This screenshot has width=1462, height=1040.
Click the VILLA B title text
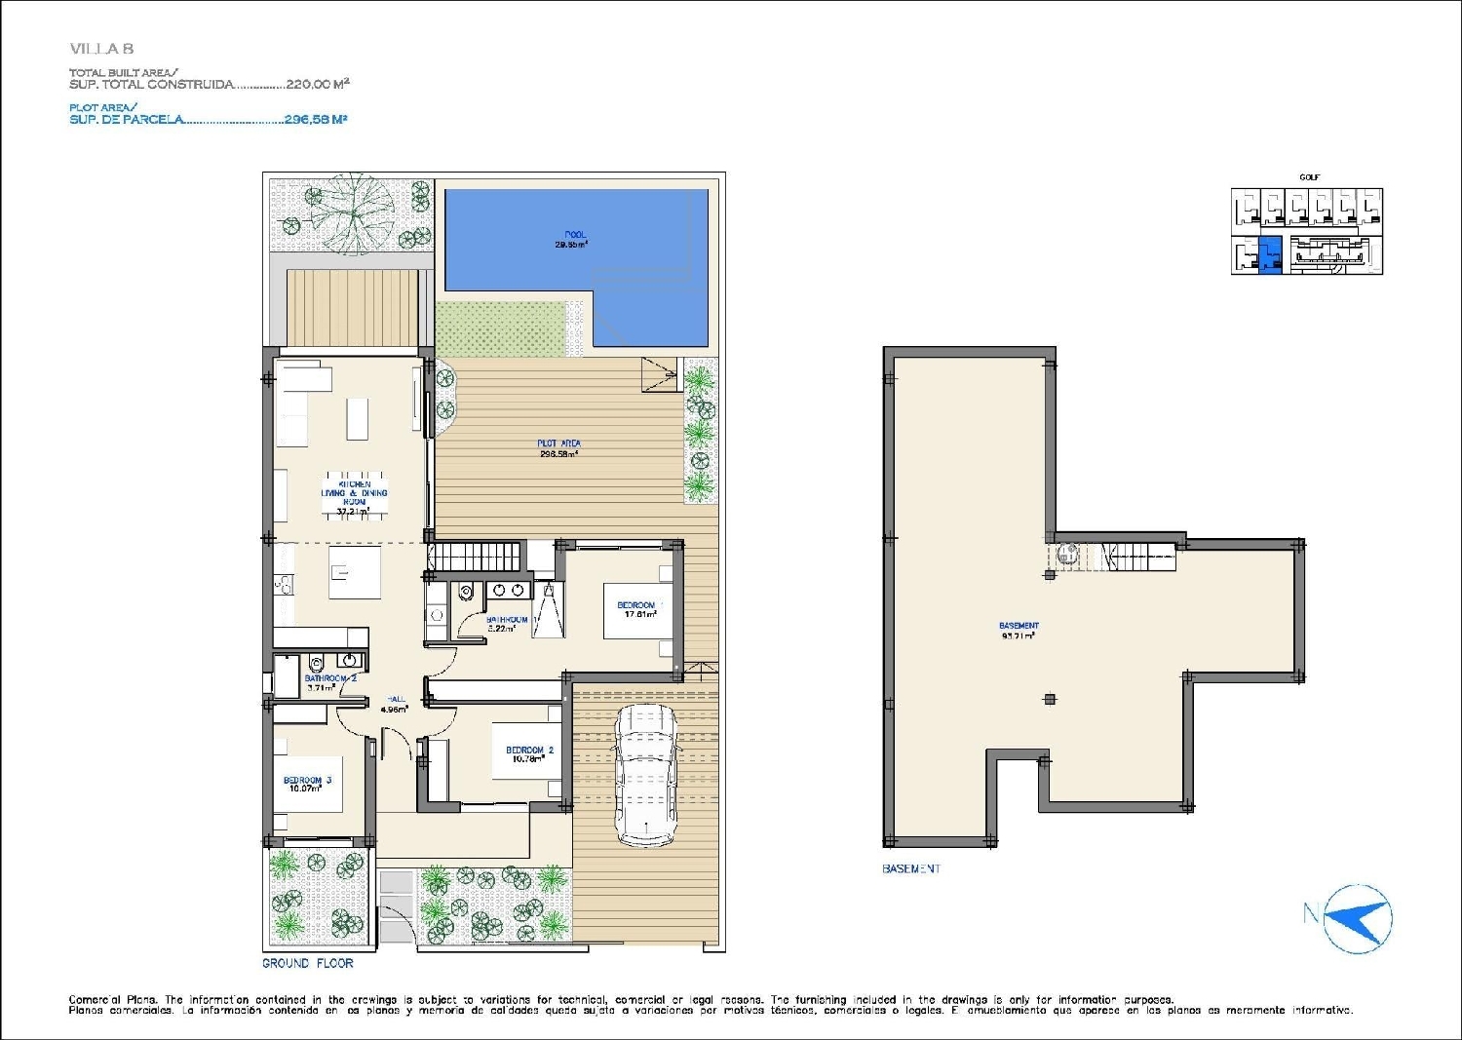tap(101, 49)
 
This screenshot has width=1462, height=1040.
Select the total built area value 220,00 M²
tap(317, 85)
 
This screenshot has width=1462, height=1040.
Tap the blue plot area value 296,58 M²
tap(315, 120)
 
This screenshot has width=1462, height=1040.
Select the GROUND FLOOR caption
tap(307, 963)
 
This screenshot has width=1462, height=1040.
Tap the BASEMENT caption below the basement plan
tap(911, 868)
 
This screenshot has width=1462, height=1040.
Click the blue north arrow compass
tap(1358, 918)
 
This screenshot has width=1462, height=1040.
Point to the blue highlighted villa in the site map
tap(1270, 255)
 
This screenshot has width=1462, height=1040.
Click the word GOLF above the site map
tap(1309, 177)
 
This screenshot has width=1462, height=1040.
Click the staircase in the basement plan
tap(1137, 558)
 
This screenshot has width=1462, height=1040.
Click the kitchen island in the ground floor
tap(354, 572)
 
